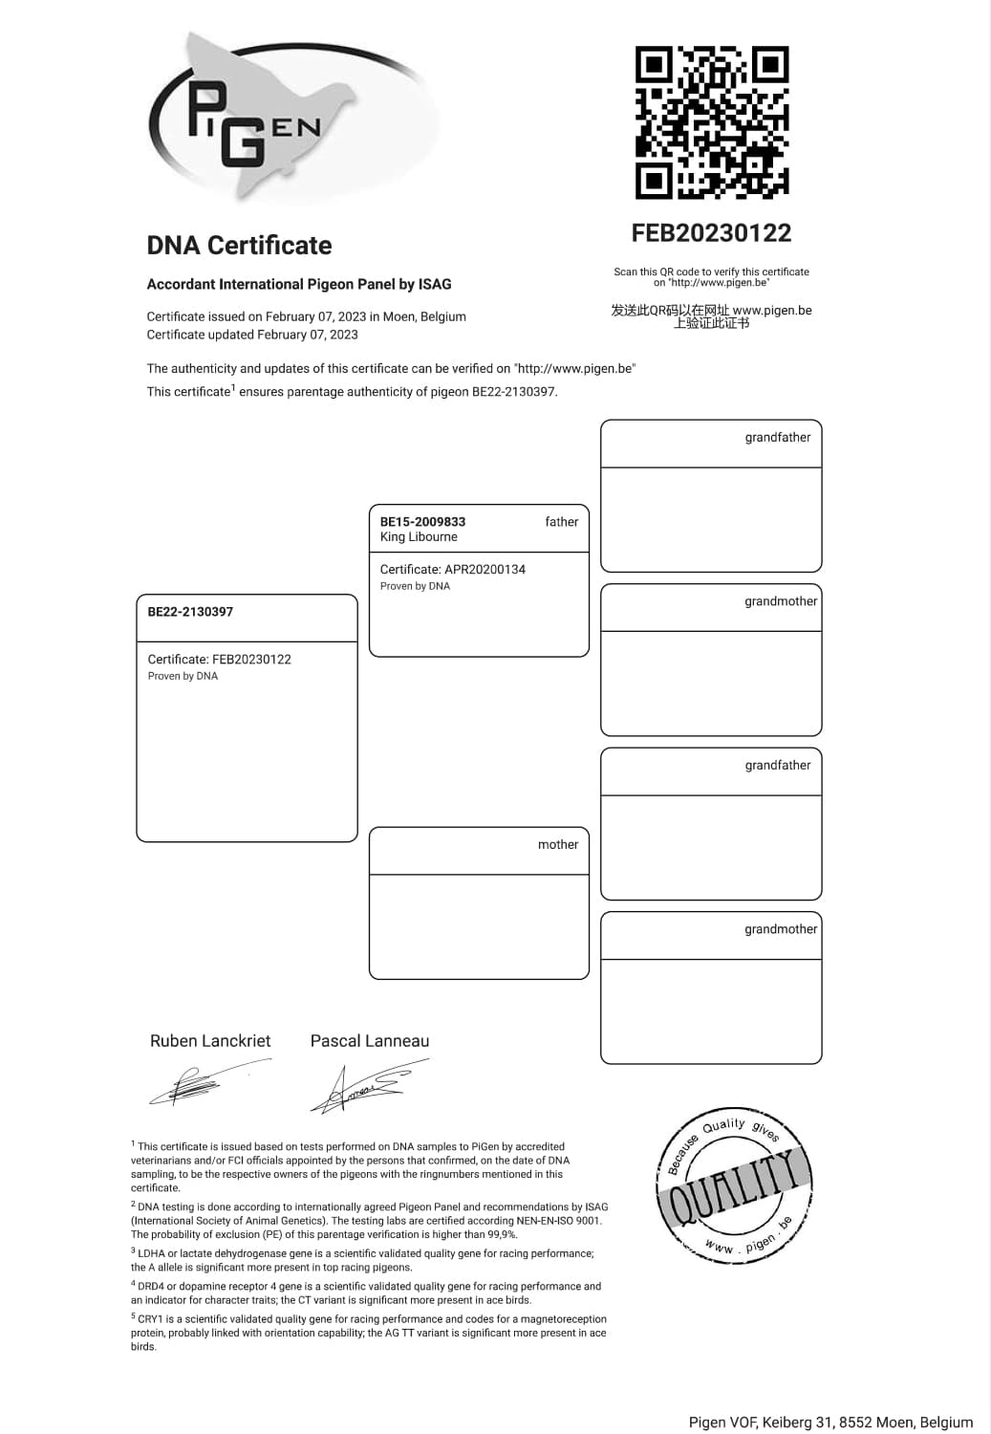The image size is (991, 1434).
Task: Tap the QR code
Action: point(712,121)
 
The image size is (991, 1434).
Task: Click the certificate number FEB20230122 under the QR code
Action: point(711,233)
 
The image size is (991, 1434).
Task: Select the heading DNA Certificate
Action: point(239,246)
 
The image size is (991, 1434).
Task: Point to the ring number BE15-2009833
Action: point(422,522)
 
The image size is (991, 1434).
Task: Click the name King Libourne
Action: point(419,537)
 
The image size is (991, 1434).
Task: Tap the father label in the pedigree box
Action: point(561,522)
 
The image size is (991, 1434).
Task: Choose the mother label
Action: point(558,844)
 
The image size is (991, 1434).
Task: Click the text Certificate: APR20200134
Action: point(453,569)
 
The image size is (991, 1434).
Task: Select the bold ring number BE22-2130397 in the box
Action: point(190,612)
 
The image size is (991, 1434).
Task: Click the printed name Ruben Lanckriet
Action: point(210,1041)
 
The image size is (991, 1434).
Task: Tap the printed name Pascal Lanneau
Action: point(370,1041)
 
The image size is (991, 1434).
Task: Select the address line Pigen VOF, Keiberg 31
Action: point(830,1423)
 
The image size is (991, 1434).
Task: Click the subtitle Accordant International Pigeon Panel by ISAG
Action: point(299,284)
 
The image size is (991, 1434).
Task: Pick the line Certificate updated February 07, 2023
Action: point(252,335)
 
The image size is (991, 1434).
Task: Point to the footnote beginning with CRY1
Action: point(369,1332)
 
